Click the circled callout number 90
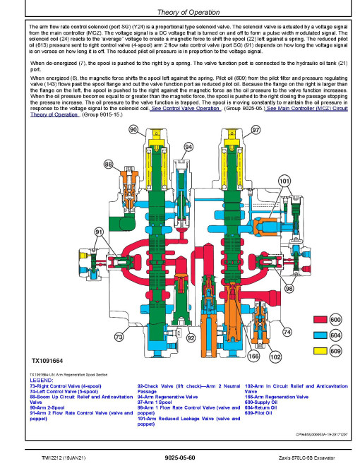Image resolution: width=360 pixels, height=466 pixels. pyautogui.click(x=133, y=130)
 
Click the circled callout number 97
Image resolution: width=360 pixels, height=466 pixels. pyautogui.click(x=256, y=130)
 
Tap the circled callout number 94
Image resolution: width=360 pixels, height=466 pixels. pyautogui.click(x=188, y=147)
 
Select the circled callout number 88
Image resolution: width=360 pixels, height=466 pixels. pyautogui.click(x=109, y=165)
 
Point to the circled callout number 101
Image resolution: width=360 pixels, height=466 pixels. pyautogui.click(x=284, y=181)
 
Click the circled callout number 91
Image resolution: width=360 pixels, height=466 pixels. pyautogui.click(x=99, y=232)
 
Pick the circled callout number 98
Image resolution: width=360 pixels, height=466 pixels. pyautogui.click(x=289, y=288)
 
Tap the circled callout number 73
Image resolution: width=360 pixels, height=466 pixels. pyautogui.click(x=119, y=337)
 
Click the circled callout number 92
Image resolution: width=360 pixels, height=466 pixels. pyautogui.click(x=191, y=338)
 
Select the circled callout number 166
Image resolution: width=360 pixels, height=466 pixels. pyautogui.click(x=253, y=357)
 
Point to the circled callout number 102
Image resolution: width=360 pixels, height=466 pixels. pyautogui.click(x=275, y=357)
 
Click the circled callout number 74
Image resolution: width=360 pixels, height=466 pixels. pyautogui.click(x=287, y=332)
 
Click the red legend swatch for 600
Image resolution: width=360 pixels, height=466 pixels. pyautogui.click(x=320, y=319)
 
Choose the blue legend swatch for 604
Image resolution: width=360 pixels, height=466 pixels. pyautogui.click(x=320, y=335)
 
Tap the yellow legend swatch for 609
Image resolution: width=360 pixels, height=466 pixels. pyautogui.click(x=320, y=351)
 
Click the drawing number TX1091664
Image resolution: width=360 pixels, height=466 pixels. pyautogui.click(x=47, y=361)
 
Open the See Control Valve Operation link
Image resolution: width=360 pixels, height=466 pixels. pyautogui.click(x=186, y=109)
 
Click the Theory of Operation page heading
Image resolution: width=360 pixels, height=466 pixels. pyautogui.click(x=188, y=12)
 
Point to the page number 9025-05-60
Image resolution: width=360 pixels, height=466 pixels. pyautogui.click(x=180, y=458)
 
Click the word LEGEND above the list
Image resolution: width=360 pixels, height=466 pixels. pyautogui.click(x=42, y=381)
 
